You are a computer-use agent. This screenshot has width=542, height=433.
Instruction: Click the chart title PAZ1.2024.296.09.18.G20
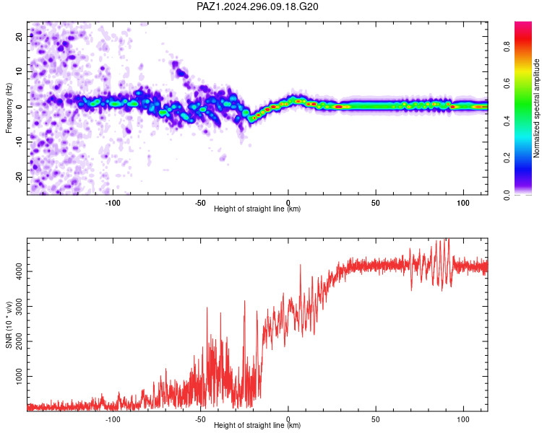pos(257,6)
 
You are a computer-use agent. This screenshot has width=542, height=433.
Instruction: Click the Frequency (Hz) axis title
pos(9,108)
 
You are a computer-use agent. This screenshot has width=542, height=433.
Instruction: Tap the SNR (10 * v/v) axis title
pos(9,325)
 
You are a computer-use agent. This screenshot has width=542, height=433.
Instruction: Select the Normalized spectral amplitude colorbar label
pos(536,108)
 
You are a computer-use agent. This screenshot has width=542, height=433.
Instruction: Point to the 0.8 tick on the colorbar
pos(507,46)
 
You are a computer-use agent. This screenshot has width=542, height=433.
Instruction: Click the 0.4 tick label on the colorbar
pos(507,121)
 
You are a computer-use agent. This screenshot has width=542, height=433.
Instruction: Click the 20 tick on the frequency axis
pos(19,36)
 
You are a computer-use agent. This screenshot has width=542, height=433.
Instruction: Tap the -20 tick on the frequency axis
pos(19,177)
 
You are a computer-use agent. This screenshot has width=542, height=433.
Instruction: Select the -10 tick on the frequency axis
pos(19,142)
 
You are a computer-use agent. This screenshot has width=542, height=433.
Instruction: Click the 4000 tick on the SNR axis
pos(19,271)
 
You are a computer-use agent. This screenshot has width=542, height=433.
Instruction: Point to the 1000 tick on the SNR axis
pos(19,377)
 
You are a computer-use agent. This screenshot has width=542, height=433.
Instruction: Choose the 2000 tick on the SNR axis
pos(19,341)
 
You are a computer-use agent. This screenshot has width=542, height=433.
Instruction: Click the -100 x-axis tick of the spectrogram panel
pos(113,203)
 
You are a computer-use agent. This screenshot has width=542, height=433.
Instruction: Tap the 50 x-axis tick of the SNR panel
pos(376,419)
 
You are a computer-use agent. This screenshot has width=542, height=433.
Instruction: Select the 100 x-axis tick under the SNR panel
pos(463,419)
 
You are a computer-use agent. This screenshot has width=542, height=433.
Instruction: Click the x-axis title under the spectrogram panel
pos(257,209)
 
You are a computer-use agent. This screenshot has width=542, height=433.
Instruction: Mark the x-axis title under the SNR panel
pos(257,425)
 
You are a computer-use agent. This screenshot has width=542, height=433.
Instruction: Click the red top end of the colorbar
pos(523,24)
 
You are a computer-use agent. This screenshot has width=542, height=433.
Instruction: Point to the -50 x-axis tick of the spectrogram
pos(200,203)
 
